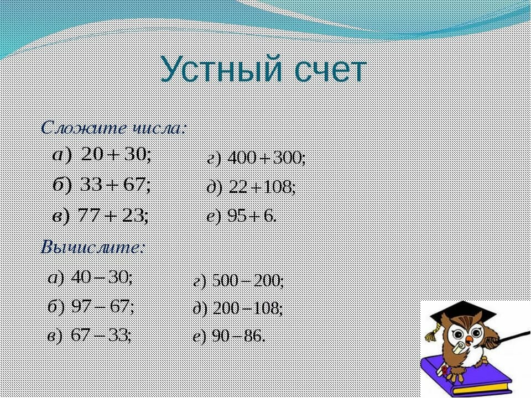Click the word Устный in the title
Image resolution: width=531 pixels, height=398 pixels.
221,69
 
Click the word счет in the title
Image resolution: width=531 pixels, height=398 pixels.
331,71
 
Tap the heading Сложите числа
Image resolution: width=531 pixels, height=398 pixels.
113,128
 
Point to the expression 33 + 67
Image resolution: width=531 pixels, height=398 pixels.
116,185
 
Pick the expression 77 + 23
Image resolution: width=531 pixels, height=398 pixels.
113,215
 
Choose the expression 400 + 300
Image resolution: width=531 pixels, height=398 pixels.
267,158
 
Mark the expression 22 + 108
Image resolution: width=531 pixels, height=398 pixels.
262,187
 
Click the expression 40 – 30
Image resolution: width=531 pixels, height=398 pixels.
102,278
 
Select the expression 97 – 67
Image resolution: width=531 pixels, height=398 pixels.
103,307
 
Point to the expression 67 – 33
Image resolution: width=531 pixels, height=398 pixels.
101,336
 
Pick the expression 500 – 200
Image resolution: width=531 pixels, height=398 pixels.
248,281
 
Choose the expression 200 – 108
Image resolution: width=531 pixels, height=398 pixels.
248,308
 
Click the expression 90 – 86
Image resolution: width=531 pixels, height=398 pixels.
238,336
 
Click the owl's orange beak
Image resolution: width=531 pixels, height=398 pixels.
468,339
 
